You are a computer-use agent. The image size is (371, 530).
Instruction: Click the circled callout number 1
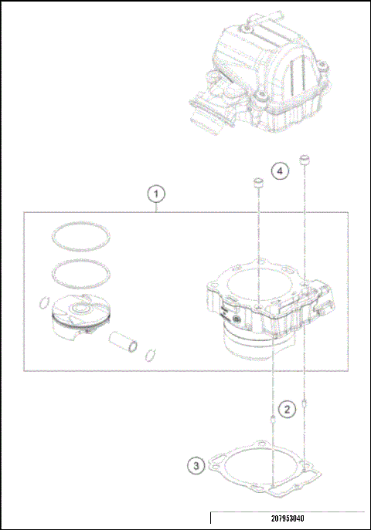coord(156,192)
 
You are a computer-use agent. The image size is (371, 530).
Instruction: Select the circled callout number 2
coord(287,409)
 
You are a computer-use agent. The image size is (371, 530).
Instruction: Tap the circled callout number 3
coord(198,465)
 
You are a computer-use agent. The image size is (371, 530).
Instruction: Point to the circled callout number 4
coord(281,170)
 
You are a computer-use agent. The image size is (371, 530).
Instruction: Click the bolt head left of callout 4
coord(258,184)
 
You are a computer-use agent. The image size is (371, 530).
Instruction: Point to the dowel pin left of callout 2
coord(273,420)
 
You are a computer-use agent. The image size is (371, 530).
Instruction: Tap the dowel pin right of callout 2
coord(307,402)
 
